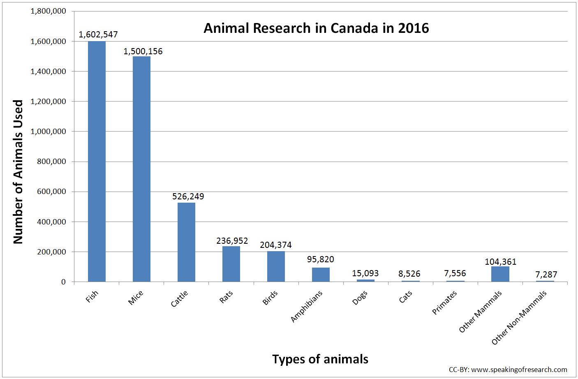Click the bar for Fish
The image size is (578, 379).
click(97, 161)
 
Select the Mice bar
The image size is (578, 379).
click(141, 169)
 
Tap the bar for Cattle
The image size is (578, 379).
click(186, 242)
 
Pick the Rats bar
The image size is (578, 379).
click(231, 264)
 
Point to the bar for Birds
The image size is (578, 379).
click(276, 266)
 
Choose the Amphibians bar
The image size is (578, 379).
click(321, 275)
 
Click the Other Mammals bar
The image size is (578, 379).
click(500, 274)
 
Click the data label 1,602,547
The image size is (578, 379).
click(98, 35)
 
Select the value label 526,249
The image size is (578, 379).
click(188, 196)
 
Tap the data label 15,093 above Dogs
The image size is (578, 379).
click(365, 273)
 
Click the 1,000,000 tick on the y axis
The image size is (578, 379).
click(49, 132)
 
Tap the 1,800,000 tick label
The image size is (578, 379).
click(49, 11)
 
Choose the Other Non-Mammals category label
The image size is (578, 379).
click(520, 318)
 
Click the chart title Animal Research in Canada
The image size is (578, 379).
click(316, 28)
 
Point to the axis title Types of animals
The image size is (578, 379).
click(320, 359)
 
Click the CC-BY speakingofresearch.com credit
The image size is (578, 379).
click(508, 369)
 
